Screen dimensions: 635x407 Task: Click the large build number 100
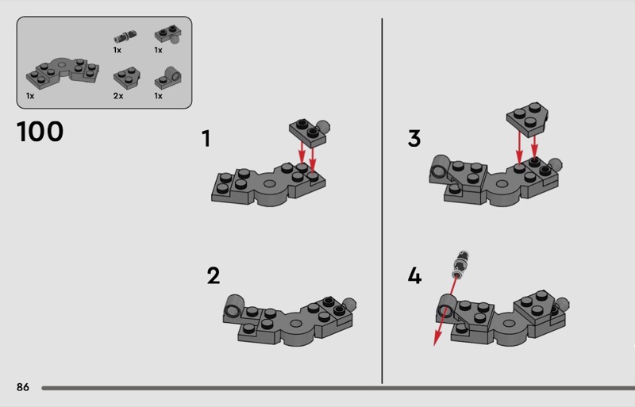pos(40,132)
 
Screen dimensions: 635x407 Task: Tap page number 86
pos(23,387)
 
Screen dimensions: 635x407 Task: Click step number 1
pos(206,139)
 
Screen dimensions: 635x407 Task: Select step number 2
pos(214,276)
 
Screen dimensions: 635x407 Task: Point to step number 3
pos(414,138)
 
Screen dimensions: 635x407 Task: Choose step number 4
pos(414,276)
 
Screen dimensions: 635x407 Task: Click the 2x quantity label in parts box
pos(118,96)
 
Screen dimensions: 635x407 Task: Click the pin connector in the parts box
pos(125,36)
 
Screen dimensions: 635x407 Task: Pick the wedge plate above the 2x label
pos(127,77)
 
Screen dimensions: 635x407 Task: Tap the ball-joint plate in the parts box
pos(167,34)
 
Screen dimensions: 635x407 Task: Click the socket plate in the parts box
pos(167,79)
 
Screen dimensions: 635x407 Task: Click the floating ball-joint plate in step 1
pos(310,132)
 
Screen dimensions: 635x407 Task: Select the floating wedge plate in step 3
pos(527,119)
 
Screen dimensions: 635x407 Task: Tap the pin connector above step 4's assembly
pos(460,264)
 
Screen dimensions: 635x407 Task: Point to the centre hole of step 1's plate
pos(269,183)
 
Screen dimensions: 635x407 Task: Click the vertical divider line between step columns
pos(382,201)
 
